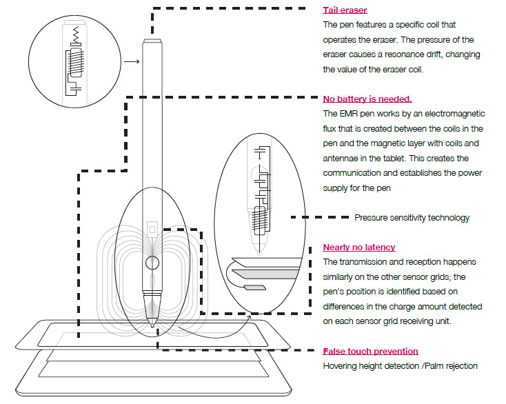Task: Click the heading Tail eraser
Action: pyautogui.click(x=345, y=10)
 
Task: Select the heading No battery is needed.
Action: pyautogui.click(x=367, y=99)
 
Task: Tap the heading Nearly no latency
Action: pyautogui.click(x=358, y=248)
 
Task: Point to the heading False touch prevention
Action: pyautogui.click(x=370, y=352)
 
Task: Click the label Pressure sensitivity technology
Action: pyautogui.click(x=412, y=218)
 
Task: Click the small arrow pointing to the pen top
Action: pyautogui.click(x=131, y=63)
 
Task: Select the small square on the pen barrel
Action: pyautogui.click(x=152, y=226)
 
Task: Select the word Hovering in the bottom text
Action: pyautogui.click(x=341, y=366)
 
